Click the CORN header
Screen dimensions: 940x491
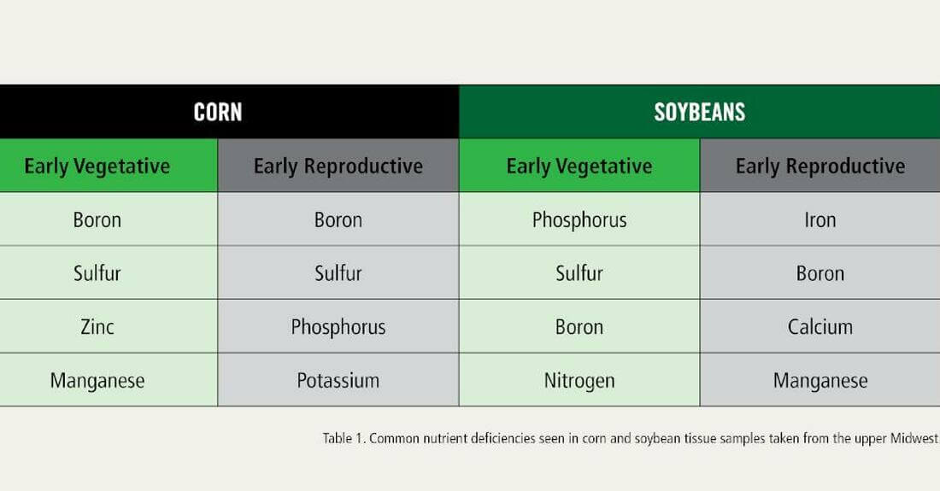coord(218,112)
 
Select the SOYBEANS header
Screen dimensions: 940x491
coord(700,112)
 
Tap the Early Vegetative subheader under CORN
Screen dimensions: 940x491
coord(97,166)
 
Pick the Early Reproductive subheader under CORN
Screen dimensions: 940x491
coord(338,166)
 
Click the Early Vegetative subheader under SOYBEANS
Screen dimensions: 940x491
coord(579,166)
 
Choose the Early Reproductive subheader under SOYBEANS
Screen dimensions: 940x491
coord(820,166)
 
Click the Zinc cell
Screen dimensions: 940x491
coord(97,327)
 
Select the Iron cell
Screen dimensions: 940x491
coord(820,219)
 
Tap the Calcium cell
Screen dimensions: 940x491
coord(820,327)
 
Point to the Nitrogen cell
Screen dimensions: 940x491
coord(579,381)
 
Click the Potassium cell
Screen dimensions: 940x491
coord(338,381)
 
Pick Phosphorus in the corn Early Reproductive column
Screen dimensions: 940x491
coord(338,327)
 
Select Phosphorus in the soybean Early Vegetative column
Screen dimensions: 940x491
coord(579,219)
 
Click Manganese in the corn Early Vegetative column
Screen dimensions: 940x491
coord(97,381)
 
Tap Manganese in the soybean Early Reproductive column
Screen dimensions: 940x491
coord(820,381)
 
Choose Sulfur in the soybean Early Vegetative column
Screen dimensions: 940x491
coord(579,273)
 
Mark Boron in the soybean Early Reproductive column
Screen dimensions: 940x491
coord(820,273)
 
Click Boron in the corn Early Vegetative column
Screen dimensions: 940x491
coord(97,219)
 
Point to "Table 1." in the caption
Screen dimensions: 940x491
coord(344,438)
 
